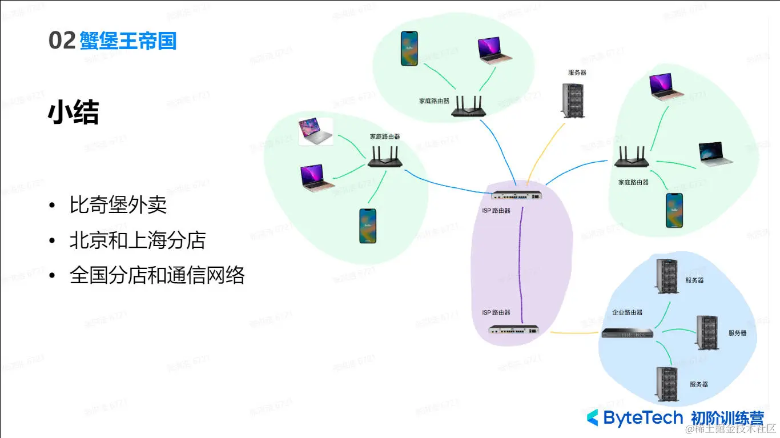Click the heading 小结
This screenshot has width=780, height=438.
(x=73, y=113)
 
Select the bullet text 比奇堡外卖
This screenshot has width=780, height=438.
(x=118, y=205)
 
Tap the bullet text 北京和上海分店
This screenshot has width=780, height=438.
(x=137, y=240)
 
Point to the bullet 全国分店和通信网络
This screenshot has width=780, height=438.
(x=157, y=276)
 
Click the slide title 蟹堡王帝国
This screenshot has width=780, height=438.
(x=128, y=41)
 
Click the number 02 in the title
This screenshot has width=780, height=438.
(x=62, y=41)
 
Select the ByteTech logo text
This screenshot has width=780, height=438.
(x=634, y=418)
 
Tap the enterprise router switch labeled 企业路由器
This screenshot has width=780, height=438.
(x=627, y=333)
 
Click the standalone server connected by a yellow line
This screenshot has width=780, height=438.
(x=573, y=101)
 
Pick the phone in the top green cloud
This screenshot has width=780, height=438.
(x=409, y=48)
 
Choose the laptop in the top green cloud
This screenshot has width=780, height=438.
(x=494, y=50)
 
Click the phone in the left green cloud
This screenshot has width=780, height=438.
(x=368, y=226)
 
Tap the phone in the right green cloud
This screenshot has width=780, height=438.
(x=674, y=210)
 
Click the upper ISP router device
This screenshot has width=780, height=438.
(x=516, y=195)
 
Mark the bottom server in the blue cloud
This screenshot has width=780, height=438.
(x=666, y=384)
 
